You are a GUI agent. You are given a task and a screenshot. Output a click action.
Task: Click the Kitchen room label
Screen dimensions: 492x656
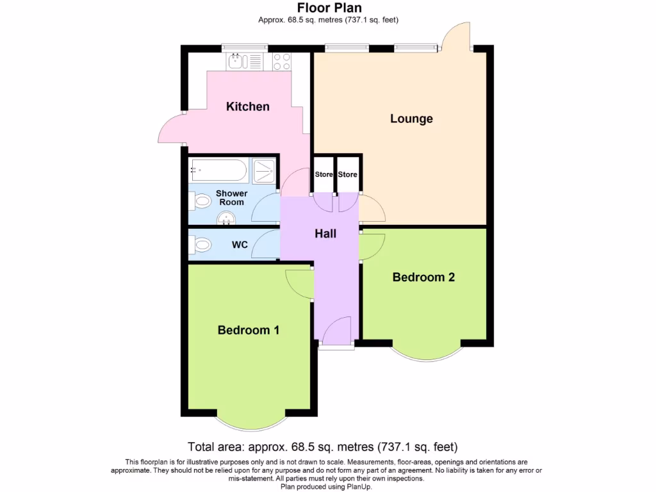[247, 106]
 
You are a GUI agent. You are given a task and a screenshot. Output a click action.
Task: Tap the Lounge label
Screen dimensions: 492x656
[411, 119]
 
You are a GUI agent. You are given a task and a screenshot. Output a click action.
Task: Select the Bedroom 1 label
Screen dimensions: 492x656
[248, 330]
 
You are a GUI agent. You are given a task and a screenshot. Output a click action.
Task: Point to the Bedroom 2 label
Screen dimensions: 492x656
[423, 277]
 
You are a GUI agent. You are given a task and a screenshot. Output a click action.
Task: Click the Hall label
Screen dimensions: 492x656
[325, 234]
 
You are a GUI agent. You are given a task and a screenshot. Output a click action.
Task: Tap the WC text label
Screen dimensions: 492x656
[240, 245]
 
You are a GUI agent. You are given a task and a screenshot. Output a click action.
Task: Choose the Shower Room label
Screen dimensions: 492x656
[231, 197]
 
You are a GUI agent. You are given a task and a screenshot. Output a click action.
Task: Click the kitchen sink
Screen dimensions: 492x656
[236, 61]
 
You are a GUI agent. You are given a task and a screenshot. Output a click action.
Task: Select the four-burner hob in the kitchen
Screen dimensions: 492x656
[282, 61]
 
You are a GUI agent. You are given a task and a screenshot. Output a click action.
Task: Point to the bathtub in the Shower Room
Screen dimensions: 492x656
[217, 170]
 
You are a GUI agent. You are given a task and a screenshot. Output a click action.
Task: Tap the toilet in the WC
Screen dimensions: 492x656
[201, 245]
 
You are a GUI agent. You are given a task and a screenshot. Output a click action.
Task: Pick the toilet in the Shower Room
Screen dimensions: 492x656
[201, 202]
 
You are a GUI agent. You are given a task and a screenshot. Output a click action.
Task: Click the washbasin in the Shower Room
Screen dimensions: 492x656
[226, 220]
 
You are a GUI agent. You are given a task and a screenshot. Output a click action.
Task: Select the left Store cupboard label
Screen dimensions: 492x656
[324, 174]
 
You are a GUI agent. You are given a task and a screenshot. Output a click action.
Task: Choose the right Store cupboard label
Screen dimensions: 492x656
[347, 174]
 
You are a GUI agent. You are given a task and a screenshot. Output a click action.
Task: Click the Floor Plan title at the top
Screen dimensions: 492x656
[329, 8]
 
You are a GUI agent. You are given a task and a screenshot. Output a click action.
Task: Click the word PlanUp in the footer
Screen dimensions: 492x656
[359, 487]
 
